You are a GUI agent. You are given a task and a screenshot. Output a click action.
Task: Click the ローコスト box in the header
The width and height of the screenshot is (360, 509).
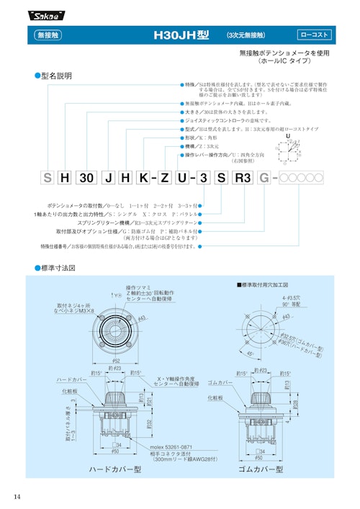click(314, 34)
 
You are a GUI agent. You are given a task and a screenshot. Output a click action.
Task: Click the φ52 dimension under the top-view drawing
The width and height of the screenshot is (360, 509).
click(117, 360)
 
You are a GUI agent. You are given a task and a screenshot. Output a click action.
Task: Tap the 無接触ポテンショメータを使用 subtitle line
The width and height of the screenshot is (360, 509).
click(284, 54)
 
